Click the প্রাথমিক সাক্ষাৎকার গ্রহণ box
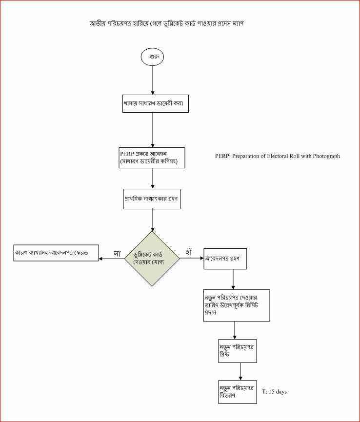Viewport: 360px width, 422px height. tap(153, 199)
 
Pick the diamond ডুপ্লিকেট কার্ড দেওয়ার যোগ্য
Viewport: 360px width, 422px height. tap(153, 258)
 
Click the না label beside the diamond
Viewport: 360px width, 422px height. tap(117, 253)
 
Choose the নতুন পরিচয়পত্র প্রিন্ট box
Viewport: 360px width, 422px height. tap(237, 350)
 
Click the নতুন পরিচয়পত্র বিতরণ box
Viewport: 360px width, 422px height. tap(237, 391)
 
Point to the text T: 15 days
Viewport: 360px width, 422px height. tap(274, 392)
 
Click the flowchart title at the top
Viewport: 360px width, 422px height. tap(166, 23)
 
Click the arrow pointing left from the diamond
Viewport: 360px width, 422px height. tap(112, 259)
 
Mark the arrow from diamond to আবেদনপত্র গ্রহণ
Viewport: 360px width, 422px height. tap(192, 259)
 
